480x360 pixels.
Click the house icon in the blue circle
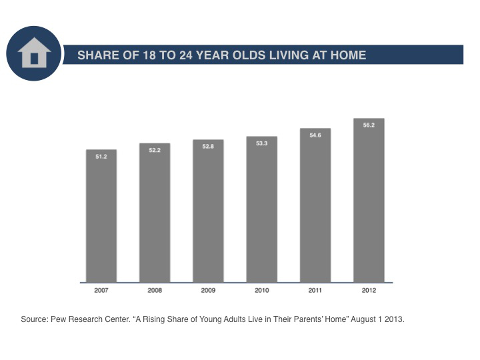point(34,53)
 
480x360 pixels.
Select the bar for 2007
point(101,216)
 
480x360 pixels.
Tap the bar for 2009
point(208,211)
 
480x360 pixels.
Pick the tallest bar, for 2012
point(369,200)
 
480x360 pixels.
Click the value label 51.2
point(101,157)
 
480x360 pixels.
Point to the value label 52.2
point(155,150)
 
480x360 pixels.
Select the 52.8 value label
point(208,146)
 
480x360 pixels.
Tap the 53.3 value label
point(262,143)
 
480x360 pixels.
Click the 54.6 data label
point(315,135)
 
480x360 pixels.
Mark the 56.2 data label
point(369,125)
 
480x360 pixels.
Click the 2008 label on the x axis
point(155,290)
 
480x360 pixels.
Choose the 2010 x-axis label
point(262,290)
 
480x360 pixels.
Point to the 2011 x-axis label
point(315,290)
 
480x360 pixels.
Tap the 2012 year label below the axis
point(369,290)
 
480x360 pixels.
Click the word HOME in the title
point(349,55)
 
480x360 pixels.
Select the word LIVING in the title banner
point(289,55)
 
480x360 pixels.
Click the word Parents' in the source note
point(308,319)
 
